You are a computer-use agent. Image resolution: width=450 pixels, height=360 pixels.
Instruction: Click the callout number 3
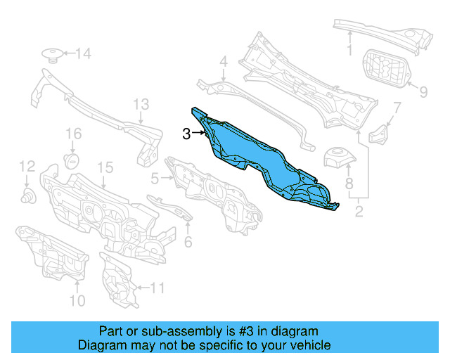click(x=186, y=134)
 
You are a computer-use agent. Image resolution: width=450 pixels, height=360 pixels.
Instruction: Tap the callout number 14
click(x=83, y=53)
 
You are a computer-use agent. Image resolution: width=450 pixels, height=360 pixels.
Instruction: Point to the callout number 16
click(x=74, y=134)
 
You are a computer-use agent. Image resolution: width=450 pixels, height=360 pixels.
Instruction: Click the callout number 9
click(x=423, y=91)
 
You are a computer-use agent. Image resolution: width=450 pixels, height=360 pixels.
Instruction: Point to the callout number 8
click(x=349, y=185)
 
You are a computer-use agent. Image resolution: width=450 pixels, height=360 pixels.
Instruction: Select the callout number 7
click(x=397, y=108)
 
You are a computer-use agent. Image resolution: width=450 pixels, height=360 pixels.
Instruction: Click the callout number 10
click(x=77, y=301)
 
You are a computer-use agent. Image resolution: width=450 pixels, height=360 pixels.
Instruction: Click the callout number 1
click(x=348, y=50)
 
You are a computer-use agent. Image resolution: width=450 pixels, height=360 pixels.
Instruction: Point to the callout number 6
click(x=188, y=243)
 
